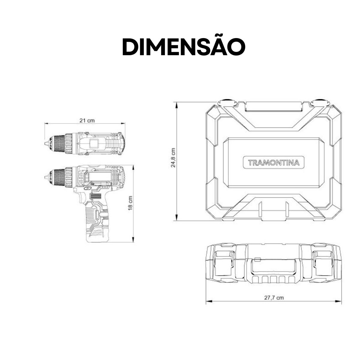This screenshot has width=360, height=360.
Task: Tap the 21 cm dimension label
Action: (87, 120)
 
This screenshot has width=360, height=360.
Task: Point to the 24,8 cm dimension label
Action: (173, 157)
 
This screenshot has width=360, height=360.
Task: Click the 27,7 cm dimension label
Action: (274, 298)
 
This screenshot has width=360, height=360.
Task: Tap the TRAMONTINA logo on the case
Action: (274, 163)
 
